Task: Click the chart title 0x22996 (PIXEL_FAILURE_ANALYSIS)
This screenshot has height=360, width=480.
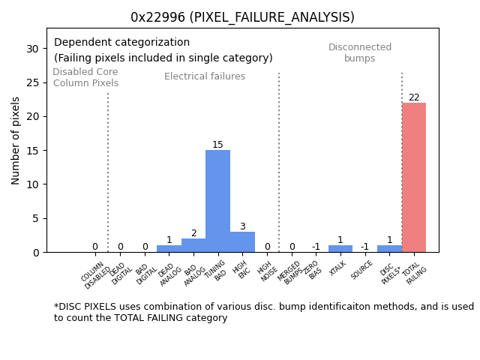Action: pyautogui.click(x=242, y=17)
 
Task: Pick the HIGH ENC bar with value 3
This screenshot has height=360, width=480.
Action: pyautogui.click(x=242, y=241)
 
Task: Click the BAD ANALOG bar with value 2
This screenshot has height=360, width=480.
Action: pyautogui.click(x=193, y=245)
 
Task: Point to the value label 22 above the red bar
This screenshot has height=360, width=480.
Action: pyautogui.click(x=414, y=97)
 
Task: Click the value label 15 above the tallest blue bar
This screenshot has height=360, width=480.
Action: pyautogui.click(x=217, y=145)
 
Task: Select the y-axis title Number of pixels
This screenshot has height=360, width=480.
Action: pyautogui.click(x=16, y=140)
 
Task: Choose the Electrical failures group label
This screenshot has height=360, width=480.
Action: pyautogui.click(x=205, y=76)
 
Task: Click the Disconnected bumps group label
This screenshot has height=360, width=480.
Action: pyautogui.click(x=360, y=53)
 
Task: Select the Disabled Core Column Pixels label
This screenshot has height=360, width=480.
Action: pyautogui.click(x=85, y=78)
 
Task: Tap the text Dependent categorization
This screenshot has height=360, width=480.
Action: pyautogui.click(x=121, y=43)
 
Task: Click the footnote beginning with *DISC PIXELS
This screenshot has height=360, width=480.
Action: pyautogui.click(x=263, y=312)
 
